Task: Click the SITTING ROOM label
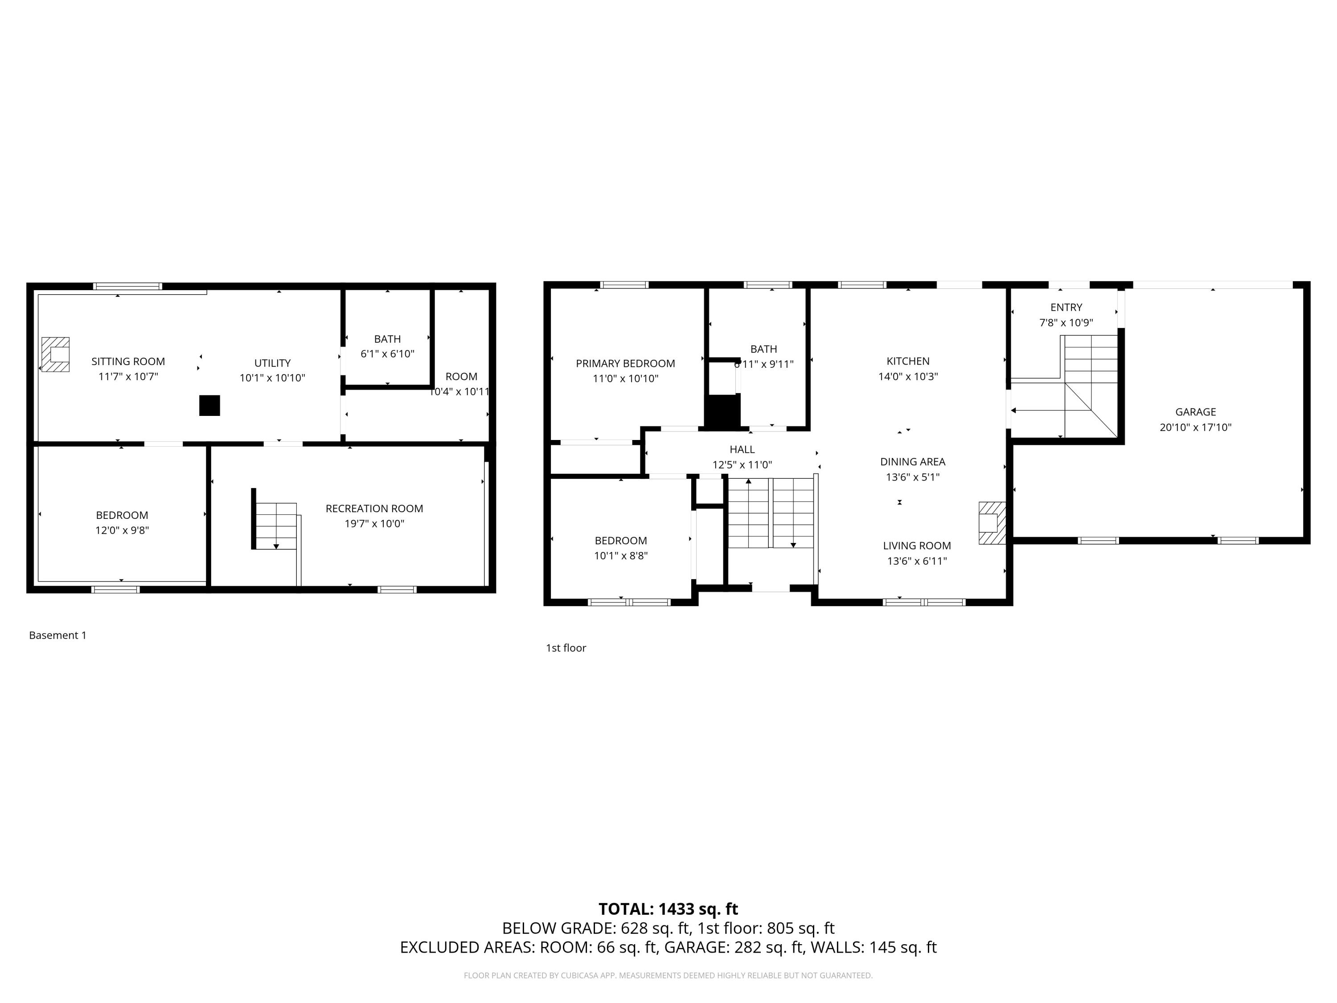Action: pyautogui.click(x=128, y=362)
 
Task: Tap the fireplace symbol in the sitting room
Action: pyautogui.click(x=55, y=354)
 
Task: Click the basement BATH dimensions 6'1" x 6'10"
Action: pyautogui.click(x=387, y=354)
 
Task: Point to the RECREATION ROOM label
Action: pyautogui.click(x=374, y=509)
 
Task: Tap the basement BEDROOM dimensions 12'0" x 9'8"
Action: pyautogui.click(x=122, y=530)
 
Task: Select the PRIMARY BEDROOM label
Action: pyautogui.click(x=625, y=363)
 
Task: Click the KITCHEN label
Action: pyautogui.click(x=908, y=361)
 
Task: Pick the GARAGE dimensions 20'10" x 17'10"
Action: pyautogui.click(x=1195, y=427)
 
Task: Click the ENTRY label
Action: pyautogui.click(x=1066, y=307)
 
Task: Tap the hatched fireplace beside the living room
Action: pyautogui.click(x=992, y=523)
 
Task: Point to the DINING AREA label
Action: pyautogui.click(x=913, y=462)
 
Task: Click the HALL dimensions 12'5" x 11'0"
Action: pyautogui.click(x=742, y=465)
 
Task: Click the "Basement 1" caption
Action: pyautogui.click(x=58, y=635)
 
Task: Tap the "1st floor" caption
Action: pyautogui.click(x=566, y=648)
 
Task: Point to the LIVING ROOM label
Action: pyautogui.click(x=917, y=545)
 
